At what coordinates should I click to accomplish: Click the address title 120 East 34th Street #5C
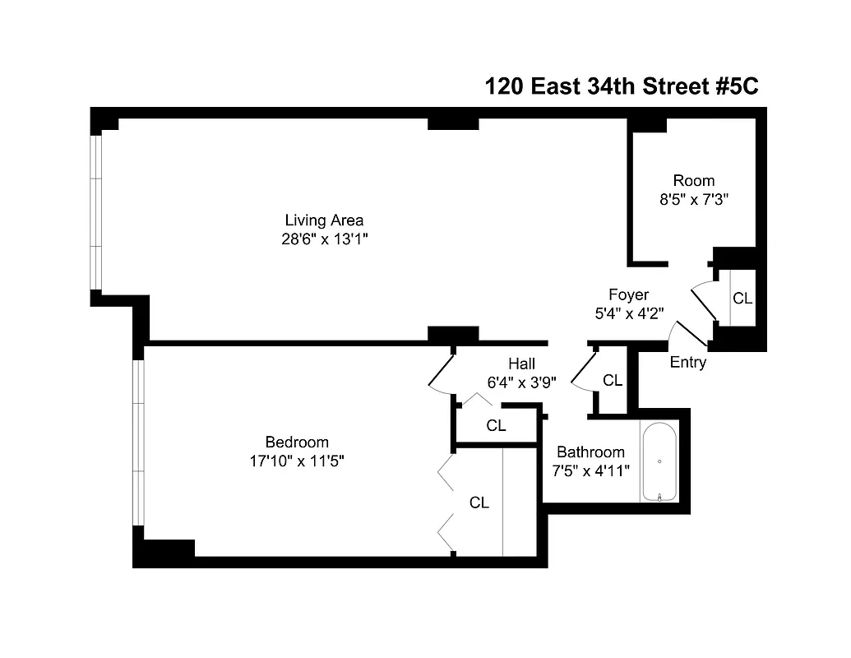pyautogui.click(x=621, y=86)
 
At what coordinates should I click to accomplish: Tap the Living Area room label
pyautogui.click(x=324, y=220)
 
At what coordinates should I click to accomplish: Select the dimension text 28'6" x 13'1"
pyautogui.click(x=324, y=239)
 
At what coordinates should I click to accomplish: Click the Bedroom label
pyautogui.click(x=296, y=442)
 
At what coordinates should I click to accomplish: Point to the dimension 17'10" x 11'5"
pyautogui.click(x=296, y=461)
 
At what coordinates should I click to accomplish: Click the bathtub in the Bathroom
pyautogui.click(x=659, y=462)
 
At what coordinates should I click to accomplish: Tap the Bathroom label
pyautogui.click(x=590, y=452)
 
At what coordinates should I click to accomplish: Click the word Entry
pyautogui.click(x=688, y=362)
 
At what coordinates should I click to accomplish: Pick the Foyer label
pyautogui.click(x=628, y=294)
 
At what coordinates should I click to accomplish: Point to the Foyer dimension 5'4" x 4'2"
pyautogui.click(x=628, y=313)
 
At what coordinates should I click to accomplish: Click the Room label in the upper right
pyautogui.click(x=694, y=180)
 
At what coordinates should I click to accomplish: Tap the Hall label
pyautogui.click(x=521, y=363)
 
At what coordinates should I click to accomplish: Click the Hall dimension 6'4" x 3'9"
pyautogui.click(x=521, y=382)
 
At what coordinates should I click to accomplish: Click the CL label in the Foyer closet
pyautogui.click(x=742, y=298)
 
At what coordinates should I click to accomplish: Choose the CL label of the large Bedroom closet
pyautogui.click(x=479, y=503)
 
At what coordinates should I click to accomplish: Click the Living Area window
pyautogui.click(x=96, y=211)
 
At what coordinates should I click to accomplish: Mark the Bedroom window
pyautogui.click(x=139, y=443)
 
